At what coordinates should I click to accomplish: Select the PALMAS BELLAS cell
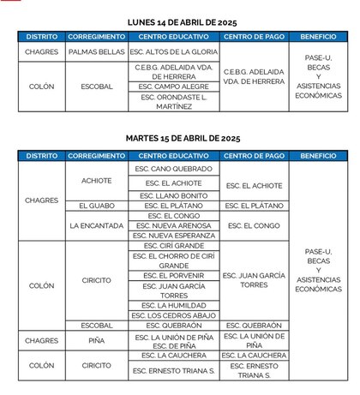(x=96, y=52)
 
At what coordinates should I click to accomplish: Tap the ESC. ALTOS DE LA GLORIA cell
(x=175, y=52)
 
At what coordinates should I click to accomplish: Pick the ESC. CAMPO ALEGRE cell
(x=175, y=87)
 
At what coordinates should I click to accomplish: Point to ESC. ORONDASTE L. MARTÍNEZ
(x=175, y=102)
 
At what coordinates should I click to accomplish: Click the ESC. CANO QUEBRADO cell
(x=175, y=169)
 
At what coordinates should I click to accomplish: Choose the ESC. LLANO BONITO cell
(x=175, y=195)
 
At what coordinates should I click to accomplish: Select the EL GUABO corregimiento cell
(x=96, y=206)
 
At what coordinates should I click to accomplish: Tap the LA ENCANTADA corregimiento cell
(x=96, y=225)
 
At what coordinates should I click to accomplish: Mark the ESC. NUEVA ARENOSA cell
(x=175, y=225)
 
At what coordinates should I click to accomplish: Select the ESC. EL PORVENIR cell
(x=175, y=276)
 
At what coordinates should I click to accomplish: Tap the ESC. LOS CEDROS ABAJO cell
(x=175, y=315)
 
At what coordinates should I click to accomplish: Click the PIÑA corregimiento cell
(x=96, y=340)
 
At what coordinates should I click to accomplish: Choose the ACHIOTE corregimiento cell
(x=96, y=182)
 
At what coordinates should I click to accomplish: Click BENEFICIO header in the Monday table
(x=318, y=38)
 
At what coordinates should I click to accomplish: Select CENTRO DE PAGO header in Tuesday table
(x=254, y=156)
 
